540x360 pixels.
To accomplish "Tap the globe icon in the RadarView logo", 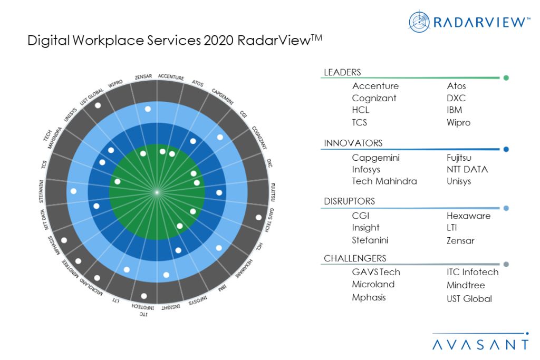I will click(x=420, y=22).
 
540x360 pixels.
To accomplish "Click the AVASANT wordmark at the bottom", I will click(x=480, y=345).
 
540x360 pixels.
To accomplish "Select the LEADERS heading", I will click(x=342, y=72).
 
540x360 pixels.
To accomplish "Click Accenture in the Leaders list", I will click(x=375, y=86).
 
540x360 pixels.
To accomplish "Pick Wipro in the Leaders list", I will click(x=458, y=122).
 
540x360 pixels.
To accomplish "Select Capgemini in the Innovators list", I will click(x=376, y=158).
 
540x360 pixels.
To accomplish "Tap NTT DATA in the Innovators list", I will click(x=467, y=169).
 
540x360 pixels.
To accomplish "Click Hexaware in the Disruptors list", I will click(x=468, y=216).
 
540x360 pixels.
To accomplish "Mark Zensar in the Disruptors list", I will click(x=460, y=240).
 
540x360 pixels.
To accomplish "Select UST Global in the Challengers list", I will click(x=469, y=298).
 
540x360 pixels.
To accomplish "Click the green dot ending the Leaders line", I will click(x=506, y=78).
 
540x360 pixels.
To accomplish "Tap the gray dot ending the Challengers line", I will click(x=506, y=264).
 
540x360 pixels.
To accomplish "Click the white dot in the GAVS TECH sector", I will click(x=258, y=217).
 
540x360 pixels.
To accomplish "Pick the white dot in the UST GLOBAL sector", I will click(x=98, y=105).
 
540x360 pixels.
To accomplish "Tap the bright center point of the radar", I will click(x=157, y=192).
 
